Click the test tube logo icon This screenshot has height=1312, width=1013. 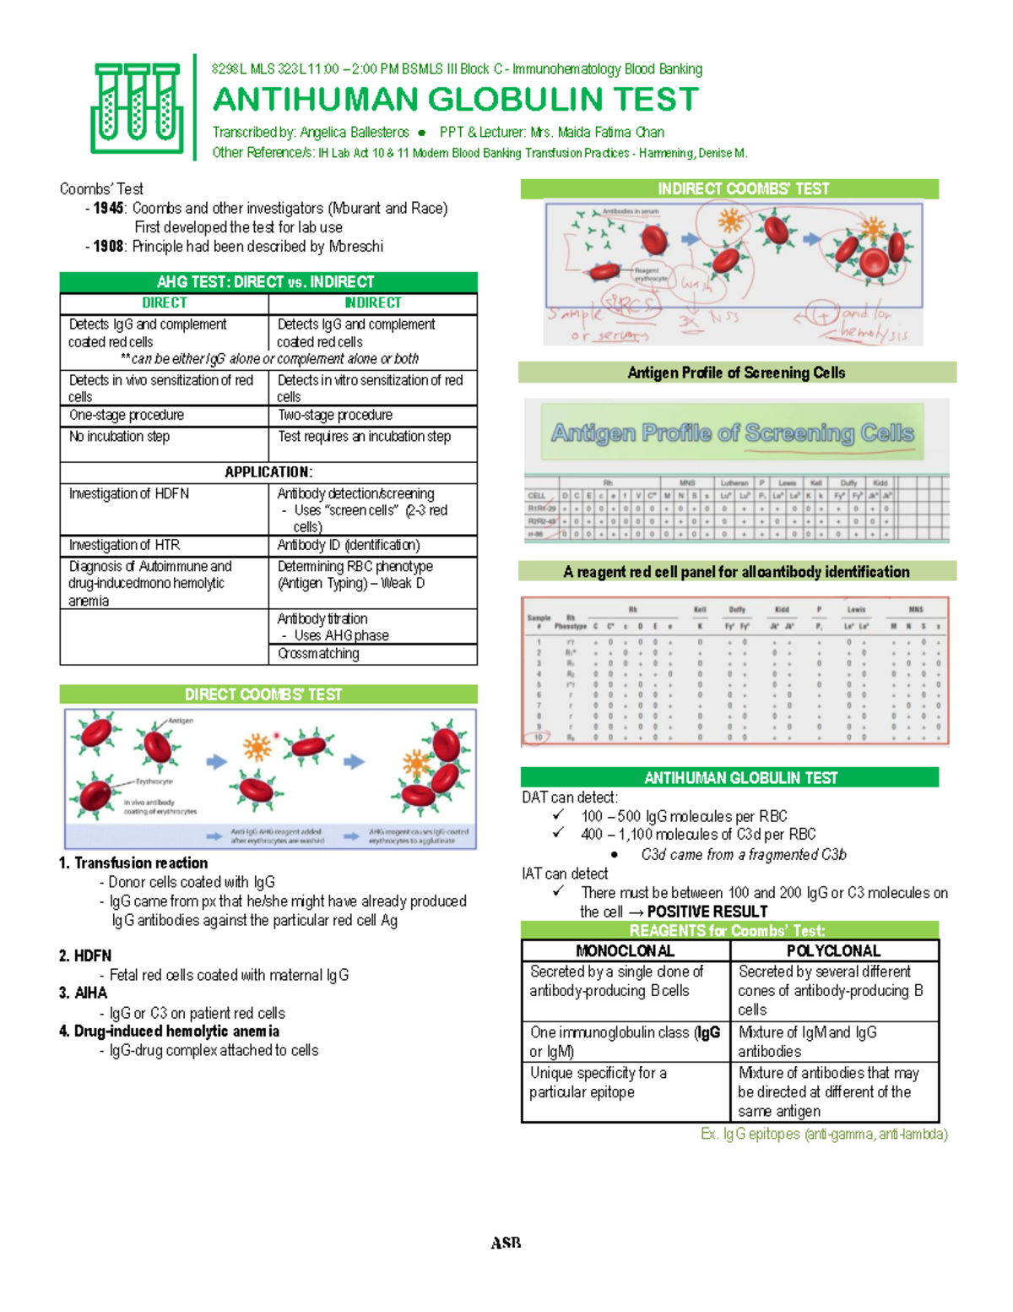tap(138, 108)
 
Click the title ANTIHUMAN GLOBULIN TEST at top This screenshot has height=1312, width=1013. tap(455, 100)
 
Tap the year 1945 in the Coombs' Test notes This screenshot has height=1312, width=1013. tap(109, 208)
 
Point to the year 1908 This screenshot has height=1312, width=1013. tap(109, 247)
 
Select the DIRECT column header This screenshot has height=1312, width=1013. tap(164, 302)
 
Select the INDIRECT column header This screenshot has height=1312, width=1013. tap(372, 302)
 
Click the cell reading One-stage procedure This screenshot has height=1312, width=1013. tap(127, 415)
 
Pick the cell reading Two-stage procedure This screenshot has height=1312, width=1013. tap(335, 415)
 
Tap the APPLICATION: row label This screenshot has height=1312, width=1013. tap(268, 472)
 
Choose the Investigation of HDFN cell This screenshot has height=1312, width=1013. tap(129, 493)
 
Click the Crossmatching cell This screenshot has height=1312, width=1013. tap(318, 653)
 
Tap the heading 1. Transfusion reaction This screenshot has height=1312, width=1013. tap(133, 863)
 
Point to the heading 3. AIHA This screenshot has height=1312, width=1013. tap(84, 993)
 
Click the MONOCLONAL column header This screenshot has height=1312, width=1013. tap(625, 950)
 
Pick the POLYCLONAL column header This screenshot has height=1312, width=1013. tap(833, 950)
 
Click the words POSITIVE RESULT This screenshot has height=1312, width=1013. tap(707, 912)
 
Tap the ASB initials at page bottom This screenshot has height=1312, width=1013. tap(506, 1243)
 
